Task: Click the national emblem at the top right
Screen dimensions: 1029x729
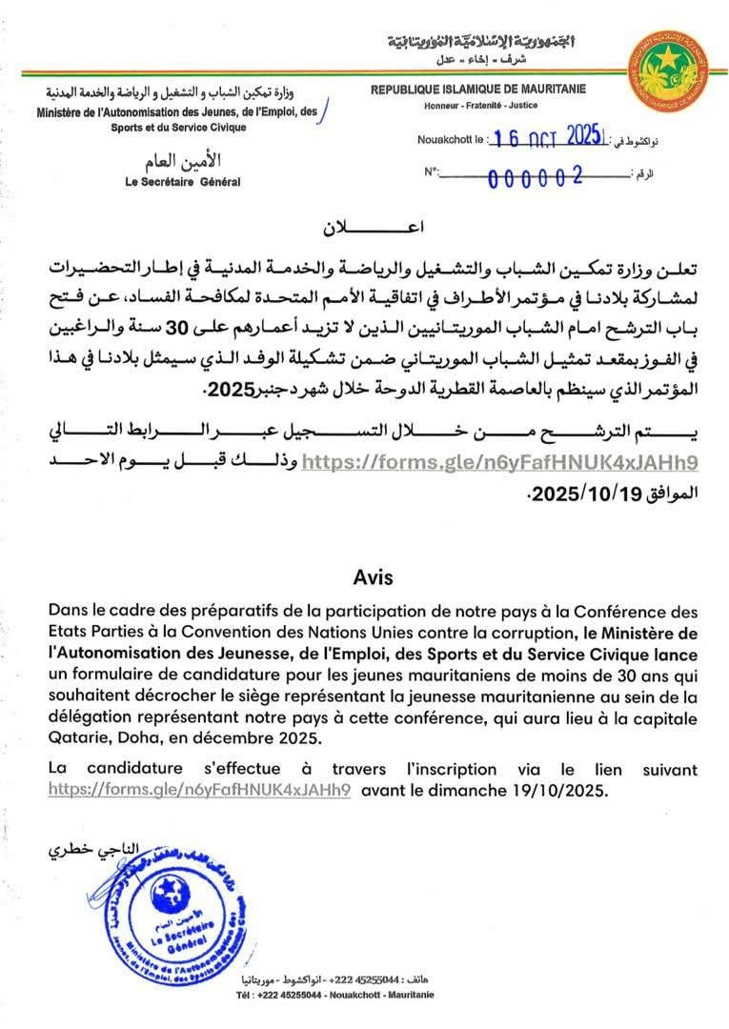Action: [x=668, y=71]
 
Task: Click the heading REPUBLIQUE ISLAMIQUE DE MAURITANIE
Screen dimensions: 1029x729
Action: [x=478, y=90]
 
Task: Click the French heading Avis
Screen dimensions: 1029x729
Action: [x=373, y=577]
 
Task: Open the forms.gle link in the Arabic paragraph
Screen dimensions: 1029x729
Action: [x=501, y=463]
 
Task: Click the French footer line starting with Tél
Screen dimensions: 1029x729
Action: [x=334, y=994]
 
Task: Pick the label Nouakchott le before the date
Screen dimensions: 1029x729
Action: [x=450, y=140]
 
